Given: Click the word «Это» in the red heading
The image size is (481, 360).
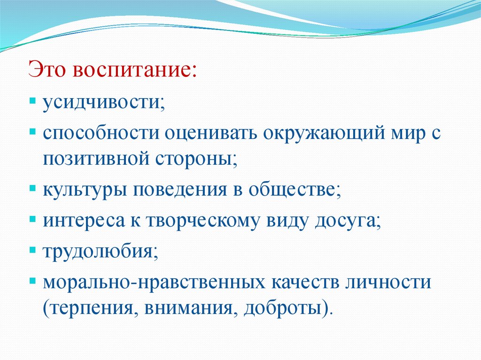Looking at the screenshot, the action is (47, 69).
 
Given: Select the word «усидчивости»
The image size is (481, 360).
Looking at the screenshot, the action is (101, 103).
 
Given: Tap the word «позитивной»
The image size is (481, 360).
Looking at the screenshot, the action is (96, 159).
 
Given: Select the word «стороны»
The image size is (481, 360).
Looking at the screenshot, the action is (194, 160).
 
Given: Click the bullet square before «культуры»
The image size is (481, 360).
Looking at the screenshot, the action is (32, 188).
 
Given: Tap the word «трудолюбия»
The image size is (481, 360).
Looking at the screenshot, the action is (98, 252).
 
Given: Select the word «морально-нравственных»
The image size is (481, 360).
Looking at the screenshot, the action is (154, 283).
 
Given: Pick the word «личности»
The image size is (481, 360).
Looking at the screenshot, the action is (388, 283).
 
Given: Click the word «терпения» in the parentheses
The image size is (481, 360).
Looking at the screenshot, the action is (91, 309).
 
